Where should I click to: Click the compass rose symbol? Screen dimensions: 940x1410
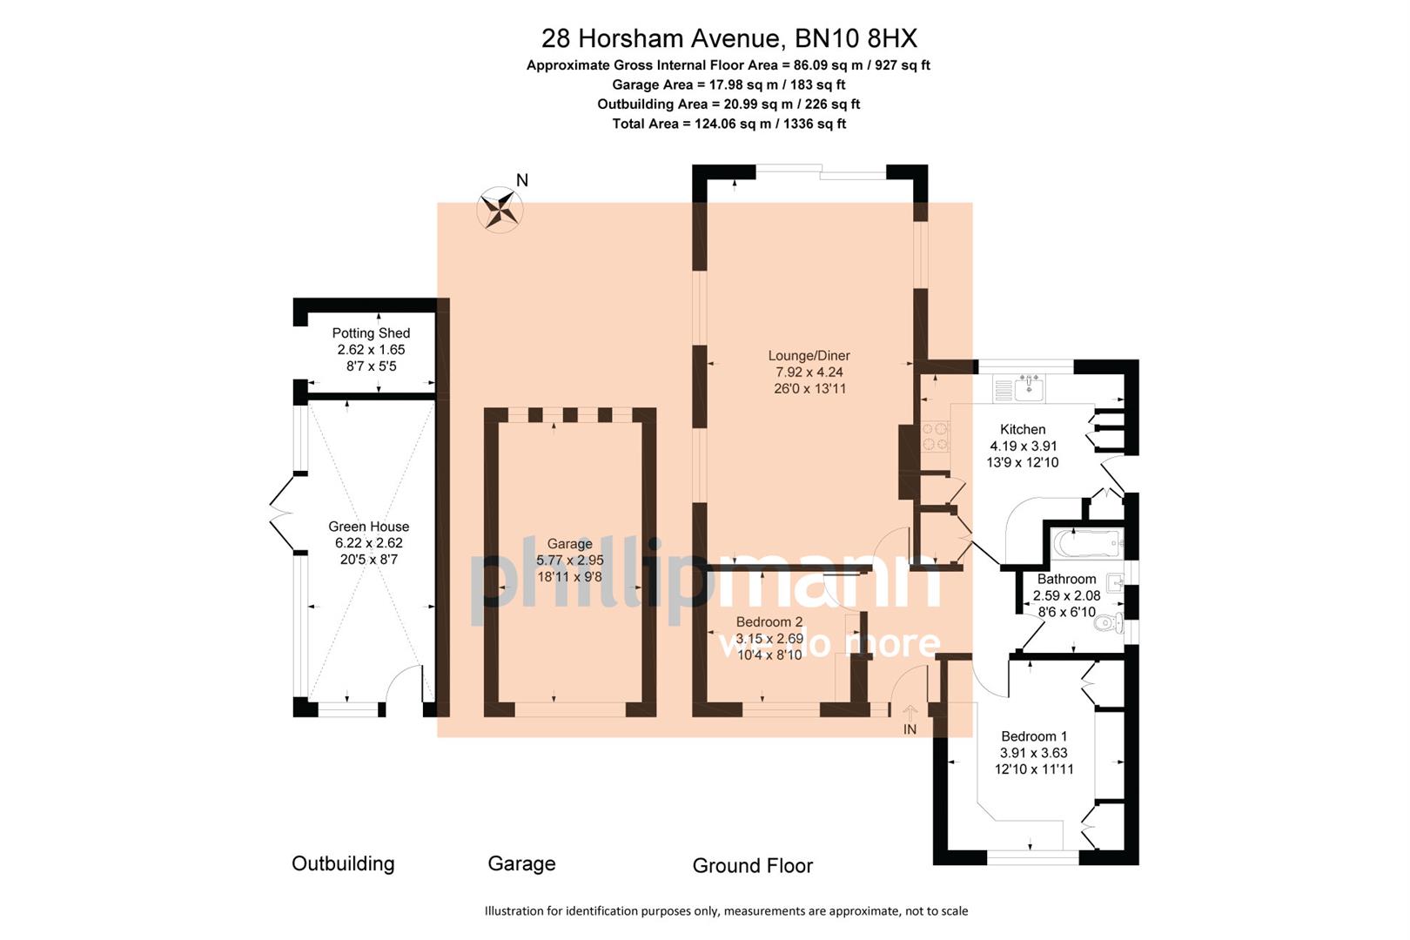click(x=500, y=209)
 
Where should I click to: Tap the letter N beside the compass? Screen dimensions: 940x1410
click(x=522, y=180)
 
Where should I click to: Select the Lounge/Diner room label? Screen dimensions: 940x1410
click(x=809, y=355)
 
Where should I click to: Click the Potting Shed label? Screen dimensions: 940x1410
click(x=371, y=332)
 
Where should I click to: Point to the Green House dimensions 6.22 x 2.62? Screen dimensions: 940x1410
click(x=369, y=543)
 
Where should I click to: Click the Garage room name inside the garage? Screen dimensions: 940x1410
click(x=569, y=543)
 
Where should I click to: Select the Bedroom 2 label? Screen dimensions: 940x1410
click(x=769, y=621)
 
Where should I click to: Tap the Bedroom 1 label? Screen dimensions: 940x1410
click(x=1033, y=736)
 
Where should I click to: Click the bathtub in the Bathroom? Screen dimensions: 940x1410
click(x=1085, y=545)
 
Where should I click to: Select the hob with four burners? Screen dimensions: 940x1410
click(x=936, y=437)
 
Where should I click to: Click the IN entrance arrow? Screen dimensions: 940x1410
click(x=910, y=715)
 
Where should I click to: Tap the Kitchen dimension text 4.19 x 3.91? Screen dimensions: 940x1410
click(x=1023, y=446)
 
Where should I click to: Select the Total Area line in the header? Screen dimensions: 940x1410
click(x=728, y=124)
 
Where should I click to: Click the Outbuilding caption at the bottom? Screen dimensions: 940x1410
click(x=343, y=863)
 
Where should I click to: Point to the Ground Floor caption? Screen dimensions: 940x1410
click(x=752, y=865)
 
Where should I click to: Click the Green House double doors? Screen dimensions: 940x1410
click(x=282, y=513)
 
